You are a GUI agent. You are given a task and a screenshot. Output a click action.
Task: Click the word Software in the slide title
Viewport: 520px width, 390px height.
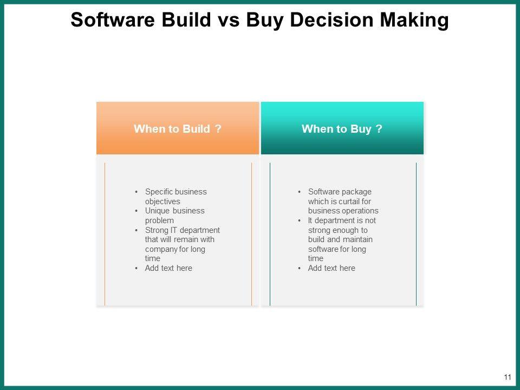113,19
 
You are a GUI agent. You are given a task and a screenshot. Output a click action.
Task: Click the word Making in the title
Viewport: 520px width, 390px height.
414,21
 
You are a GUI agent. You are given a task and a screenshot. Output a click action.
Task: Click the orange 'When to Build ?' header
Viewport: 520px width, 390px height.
178,128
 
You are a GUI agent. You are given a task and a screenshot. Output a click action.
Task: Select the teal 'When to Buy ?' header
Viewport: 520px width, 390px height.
342,128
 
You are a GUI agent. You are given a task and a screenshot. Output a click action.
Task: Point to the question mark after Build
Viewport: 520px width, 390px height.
218,128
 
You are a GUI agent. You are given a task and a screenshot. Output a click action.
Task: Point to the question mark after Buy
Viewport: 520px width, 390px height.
379,128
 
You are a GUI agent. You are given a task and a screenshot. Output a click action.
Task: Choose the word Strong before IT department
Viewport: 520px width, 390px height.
157,231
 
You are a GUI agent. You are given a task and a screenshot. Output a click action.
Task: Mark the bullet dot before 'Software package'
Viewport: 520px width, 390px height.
300,192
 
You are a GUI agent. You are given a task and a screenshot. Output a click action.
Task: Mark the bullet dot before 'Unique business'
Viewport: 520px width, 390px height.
136,211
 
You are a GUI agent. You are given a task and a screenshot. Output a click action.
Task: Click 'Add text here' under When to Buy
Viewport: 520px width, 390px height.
331,268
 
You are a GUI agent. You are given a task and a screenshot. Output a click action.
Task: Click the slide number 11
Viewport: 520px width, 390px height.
508,377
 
